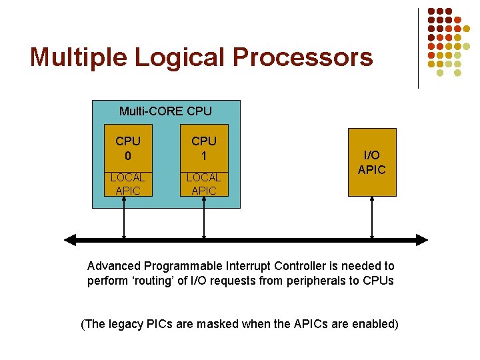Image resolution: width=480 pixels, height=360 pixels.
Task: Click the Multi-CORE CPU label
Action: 165,111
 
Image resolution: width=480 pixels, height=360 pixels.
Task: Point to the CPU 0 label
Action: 128,148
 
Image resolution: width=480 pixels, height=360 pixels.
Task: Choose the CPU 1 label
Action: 204,148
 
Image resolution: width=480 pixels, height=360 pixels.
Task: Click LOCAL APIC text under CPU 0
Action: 127,184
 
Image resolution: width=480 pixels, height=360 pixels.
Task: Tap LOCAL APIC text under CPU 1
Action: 203,184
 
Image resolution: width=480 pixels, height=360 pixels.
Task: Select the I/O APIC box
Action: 372,162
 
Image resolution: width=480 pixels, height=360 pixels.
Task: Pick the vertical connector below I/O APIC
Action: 372,217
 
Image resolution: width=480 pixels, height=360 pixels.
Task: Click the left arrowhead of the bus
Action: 70,239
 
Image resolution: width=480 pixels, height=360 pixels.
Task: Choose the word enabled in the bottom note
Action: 375,325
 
